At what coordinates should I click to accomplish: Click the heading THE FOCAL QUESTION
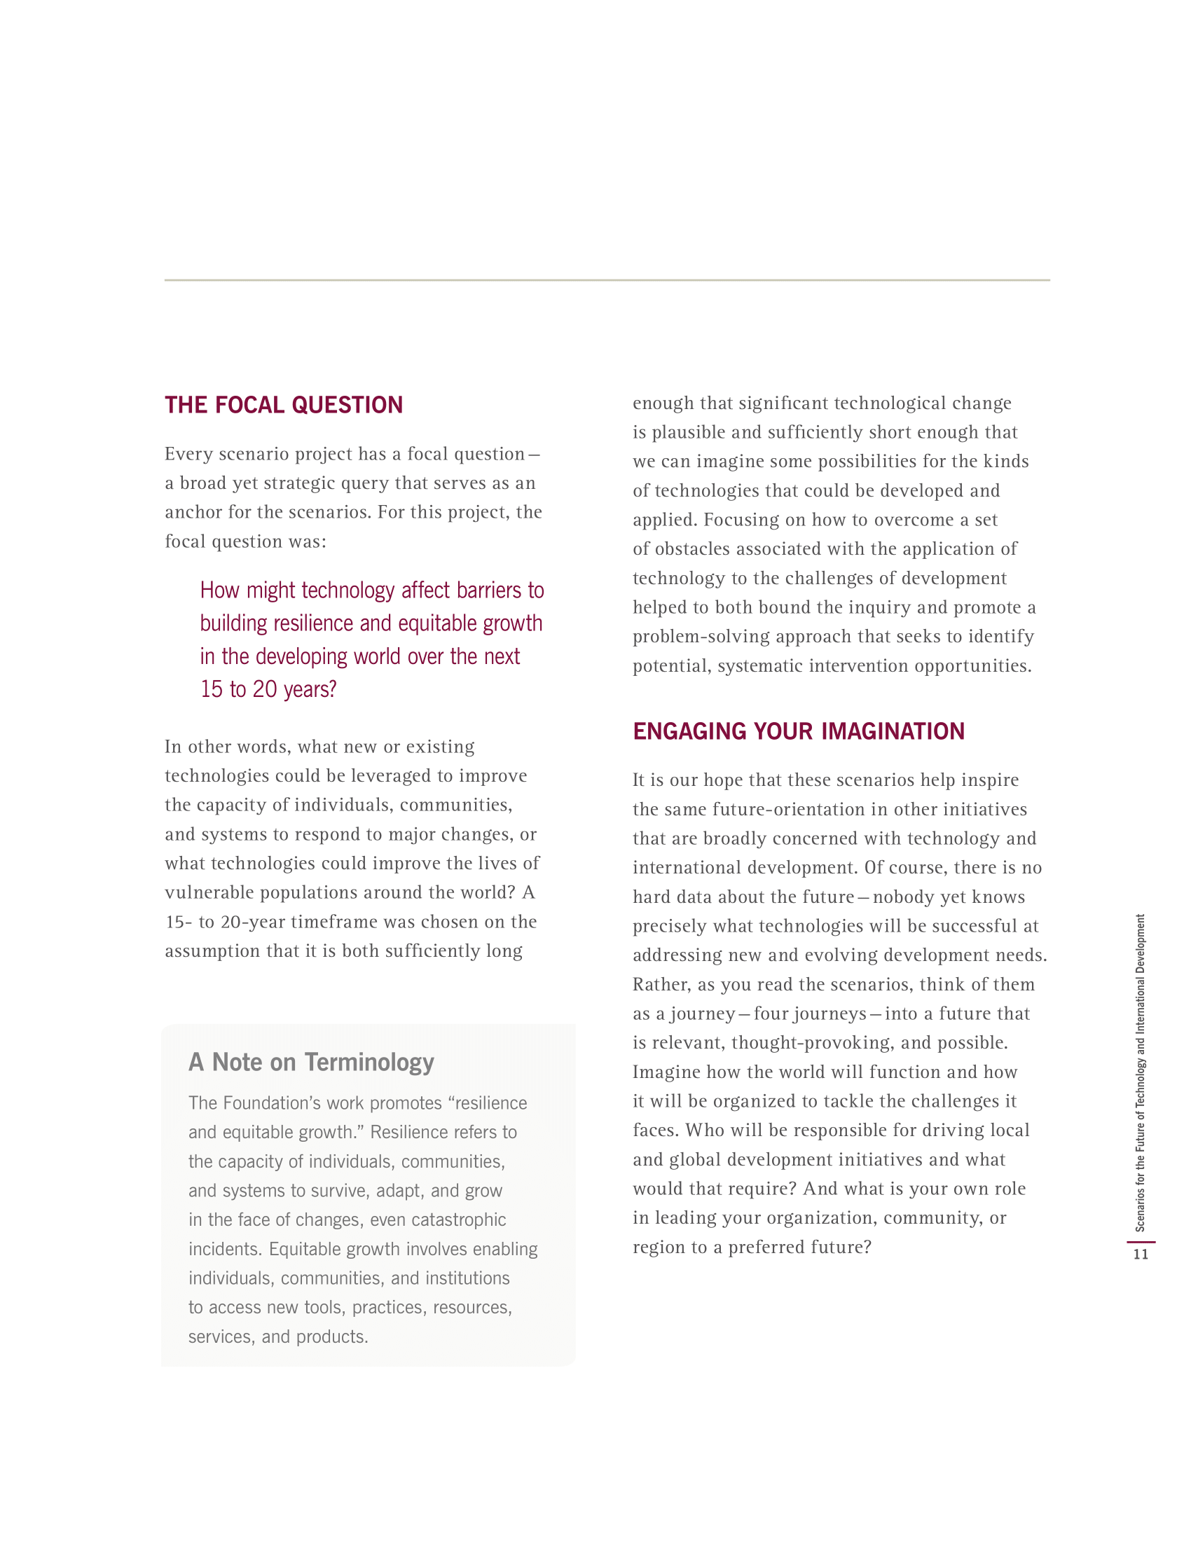284,405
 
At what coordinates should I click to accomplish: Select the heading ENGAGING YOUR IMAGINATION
798,731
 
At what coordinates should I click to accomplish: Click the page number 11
1140,1255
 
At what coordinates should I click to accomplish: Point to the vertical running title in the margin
1140,1072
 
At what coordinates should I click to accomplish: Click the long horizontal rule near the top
607,280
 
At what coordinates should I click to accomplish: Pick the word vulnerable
209,892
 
